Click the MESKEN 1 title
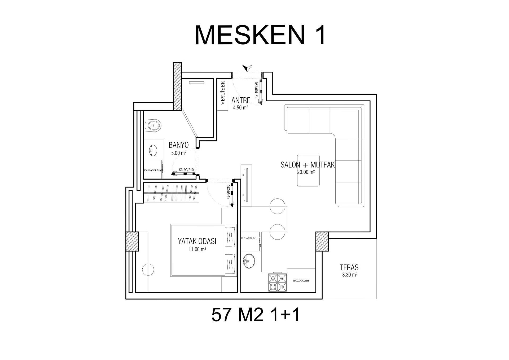(260, 36)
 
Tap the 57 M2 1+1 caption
(256, 315)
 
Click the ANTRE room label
(241, 101)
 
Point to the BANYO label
(179, 145)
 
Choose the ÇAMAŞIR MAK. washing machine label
(153, 170)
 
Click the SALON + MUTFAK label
(308, 165)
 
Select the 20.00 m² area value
(306, 172)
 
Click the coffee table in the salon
(308, 171)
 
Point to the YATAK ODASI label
(197, 241)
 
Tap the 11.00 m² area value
(198, 249)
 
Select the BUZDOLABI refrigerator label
(301, 280)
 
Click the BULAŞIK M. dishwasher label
(248, 238)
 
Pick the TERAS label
(349, 267)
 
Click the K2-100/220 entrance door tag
(256, 90)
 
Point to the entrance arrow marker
(247, 68)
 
